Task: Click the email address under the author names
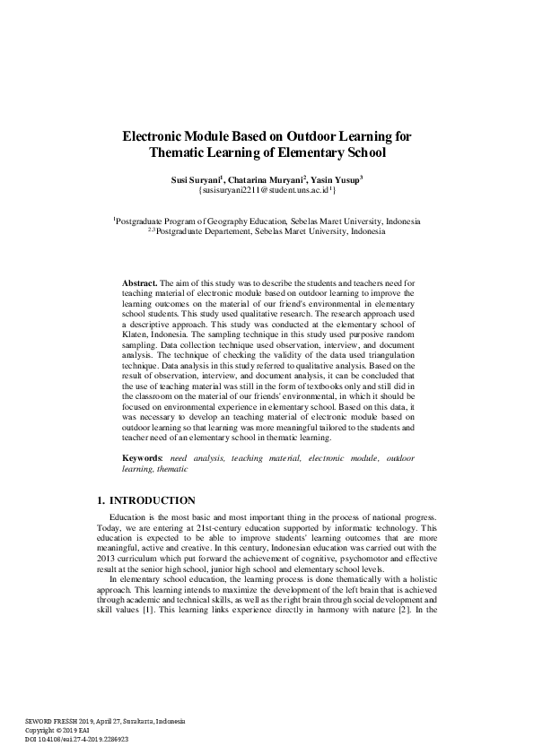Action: point(267,191)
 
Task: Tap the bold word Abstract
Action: point(140,282)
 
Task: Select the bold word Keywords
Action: point(144,458)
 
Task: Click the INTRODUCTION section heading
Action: point(152,499)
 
